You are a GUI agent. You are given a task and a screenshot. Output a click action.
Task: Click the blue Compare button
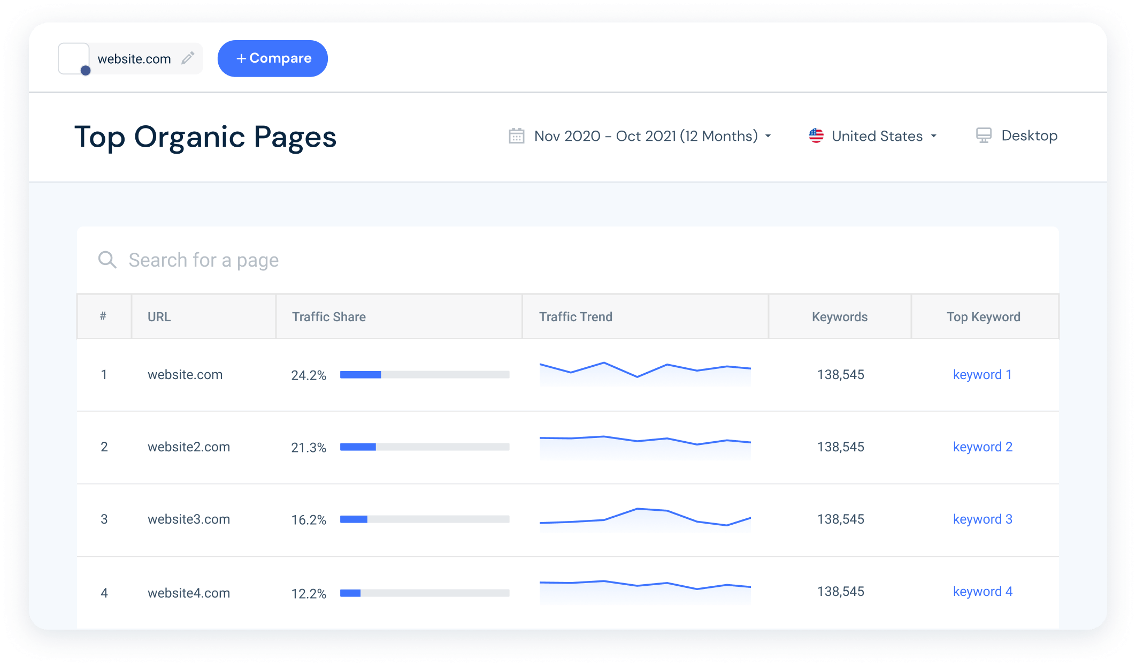tap(272, 58)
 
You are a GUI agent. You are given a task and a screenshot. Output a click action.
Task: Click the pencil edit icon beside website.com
tap(188, 58)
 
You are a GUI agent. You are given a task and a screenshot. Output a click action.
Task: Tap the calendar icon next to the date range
tap(516, 136)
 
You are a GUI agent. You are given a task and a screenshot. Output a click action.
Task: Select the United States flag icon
tap(816, 136)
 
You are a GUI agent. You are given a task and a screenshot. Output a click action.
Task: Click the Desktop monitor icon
tap(983, 135)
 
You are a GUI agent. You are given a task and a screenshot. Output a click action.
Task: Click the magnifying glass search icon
tap(107, 260)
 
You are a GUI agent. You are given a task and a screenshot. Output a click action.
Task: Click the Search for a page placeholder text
tap(203, 260)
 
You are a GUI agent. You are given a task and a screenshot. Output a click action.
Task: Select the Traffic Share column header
tap(328, 317)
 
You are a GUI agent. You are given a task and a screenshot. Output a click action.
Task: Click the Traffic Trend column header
tap(575, 317)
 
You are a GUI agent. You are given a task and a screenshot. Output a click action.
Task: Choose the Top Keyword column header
tap(983, 317)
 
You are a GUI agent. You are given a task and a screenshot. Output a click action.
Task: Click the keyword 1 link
tap(982, 375)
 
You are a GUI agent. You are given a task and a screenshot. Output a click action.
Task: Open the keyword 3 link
tap(983, 519)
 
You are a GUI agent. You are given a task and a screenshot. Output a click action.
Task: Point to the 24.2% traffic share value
tap(308, 375)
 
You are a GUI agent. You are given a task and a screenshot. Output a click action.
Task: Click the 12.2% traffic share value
tap(308, 594)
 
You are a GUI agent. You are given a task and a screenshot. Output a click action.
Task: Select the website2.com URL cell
tap(189, 447)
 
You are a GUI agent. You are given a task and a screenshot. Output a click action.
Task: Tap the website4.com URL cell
tap(189, 593)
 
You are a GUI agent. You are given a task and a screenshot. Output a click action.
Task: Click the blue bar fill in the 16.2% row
tap(354, 519)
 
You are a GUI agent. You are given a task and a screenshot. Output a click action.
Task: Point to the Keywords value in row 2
tap(840, 447)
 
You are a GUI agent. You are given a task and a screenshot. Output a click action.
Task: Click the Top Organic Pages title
tap(205, 137)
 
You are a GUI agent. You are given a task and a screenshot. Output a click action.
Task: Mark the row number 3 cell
tap(104, 519)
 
